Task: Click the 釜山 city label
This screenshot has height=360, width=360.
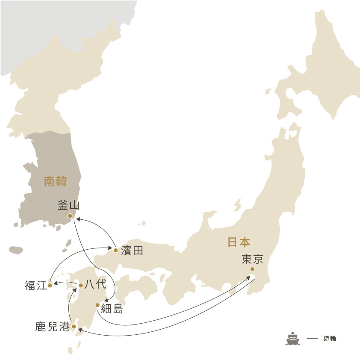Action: pos(68,205)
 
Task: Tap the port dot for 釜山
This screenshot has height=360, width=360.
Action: pos(70,216)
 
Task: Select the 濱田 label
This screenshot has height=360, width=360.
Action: pos(132,251)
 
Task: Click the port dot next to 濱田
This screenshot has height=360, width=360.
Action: pos(115,250)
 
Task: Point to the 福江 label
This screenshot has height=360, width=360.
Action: pos(35,286)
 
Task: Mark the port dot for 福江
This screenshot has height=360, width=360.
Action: pos(50,285)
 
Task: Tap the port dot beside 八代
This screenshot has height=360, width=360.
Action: pos(81,285)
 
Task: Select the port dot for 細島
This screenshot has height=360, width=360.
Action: pos(97,305)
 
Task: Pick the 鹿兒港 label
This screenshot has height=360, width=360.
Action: pos(52,328)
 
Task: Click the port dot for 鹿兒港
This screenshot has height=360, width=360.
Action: pos(74,327)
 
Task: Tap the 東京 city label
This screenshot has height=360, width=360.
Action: pos(252,259)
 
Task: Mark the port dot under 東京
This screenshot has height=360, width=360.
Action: pos(252,269)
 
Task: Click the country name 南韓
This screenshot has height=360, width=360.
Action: pos(56,182)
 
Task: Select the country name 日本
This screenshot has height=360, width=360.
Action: pos(239,242)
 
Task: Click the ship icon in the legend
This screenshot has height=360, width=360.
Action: pos(293,338)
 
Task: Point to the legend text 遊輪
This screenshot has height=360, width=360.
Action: pos(330,338)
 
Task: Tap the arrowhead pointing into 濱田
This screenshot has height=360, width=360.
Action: pos(111,248)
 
